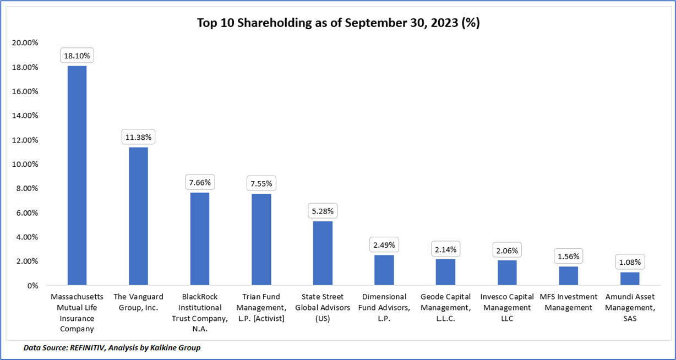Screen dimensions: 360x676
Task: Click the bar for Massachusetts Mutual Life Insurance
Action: (77, 175)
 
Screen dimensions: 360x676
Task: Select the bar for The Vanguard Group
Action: (138, 216)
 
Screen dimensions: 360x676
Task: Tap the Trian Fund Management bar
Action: (261, 239)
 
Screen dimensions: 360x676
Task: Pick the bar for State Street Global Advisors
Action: (323, 253)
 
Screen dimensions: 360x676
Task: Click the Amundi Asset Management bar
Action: (630, 279)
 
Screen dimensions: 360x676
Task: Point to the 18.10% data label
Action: (77, 55)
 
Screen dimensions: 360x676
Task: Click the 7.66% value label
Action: (200, 182)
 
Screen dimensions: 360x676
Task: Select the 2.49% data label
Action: (384, 244)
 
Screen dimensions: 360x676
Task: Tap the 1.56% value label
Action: (569, 256)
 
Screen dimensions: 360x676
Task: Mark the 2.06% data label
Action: (507, 250)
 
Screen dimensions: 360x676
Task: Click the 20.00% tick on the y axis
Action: (24, 43)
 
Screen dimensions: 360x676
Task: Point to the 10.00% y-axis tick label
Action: (24, 164)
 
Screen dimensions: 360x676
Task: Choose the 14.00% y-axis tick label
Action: (24, 116)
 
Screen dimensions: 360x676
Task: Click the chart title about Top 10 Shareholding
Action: (338, 24)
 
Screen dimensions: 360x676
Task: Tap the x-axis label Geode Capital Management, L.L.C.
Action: (445, 308)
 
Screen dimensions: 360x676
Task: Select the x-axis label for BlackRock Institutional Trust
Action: (200, 313)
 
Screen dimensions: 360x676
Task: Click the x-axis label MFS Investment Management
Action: (569, 302)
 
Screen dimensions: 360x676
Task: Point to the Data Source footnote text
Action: (112, 348)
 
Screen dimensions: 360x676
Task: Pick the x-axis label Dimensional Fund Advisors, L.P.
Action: (384, 308)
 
